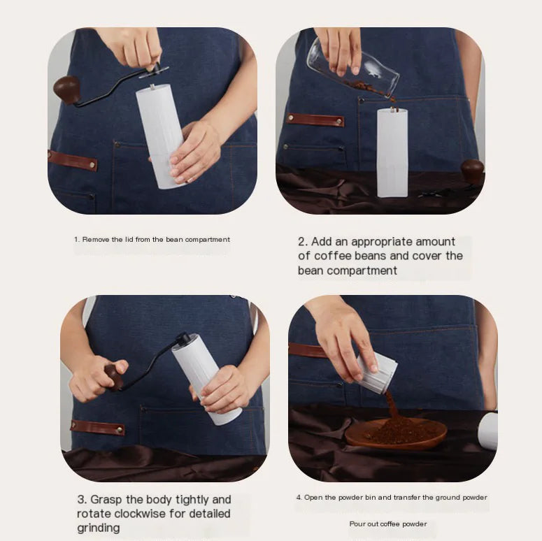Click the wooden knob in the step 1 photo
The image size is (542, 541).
[x=66, y=89]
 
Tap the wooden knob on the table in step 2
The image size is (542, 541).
[x=472, y=171]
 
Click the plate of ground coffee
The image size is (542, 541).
[x=396, y=433]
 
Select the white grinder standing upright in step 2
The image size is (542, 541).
[x=392, y=152]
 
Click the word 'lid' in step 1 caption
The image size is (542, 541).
[x=129, y=240]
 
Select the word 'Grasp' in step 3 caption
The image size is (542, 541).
[x=106, y=500]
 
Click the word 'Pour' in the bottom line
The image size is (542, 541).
[x=357, y=524]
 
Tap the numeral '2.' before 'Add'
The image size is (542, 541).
[x=303, y=241]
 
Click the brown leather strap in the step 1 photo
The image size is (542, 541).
[x=73, y=161]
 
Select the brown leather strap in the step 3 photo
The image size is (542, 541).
[x=97, y=427]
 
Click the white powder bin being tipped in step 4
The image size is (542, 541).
[x=378, y=373]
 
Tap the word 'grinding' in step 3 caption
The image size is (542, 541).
[x=99, y=528]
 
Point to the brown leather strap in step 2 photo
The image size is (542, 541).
[x=315, y=120]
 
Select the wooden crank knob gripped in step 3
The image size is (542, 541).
[x=115, y=377]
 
